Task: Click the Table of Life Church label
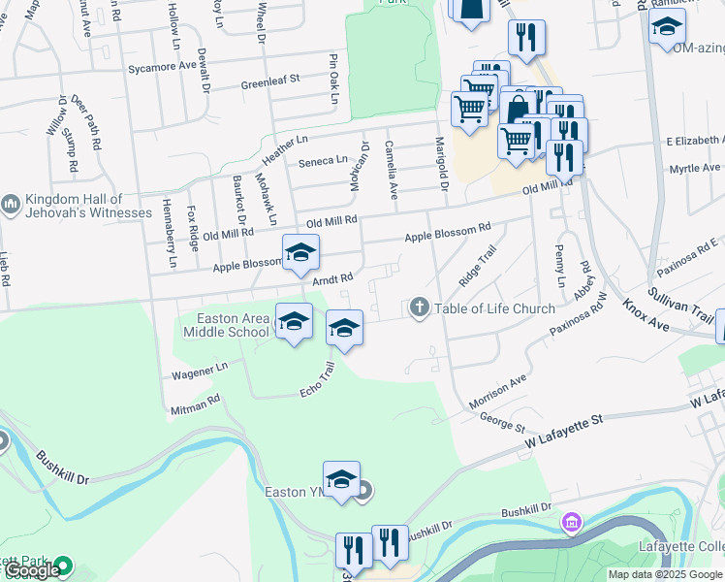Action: pos(494,309)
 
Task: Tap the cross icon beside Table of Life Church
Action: pos(420,308)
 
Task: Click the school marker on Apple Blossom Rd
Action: pos(300,253)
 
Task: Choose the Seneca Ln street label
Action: pos(322,161)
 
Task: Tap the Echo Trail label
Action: pos(317,379)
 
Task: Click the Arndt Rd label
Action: pos(331,278)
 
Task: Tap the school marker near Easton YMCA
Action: pos(341,480)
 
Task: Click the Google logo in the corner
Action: pos(32,570)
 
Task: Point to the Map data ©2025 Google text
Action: pos(665,574)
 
